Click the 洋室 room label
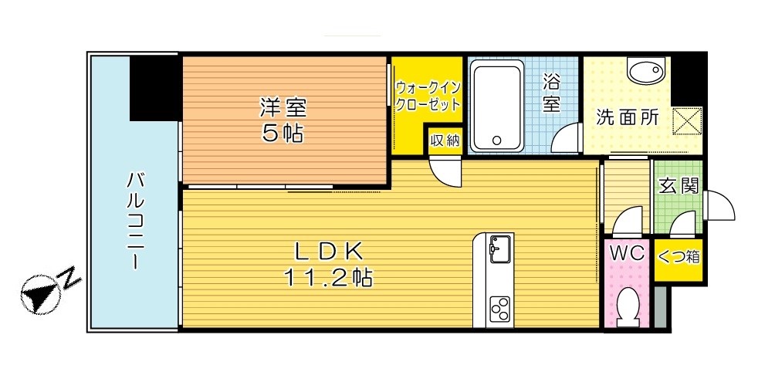tap(283, 105)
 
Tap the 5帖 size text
tap(283, 134)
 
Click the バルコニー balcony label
tap(136, 219)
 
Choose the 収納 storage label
tap(445, 140)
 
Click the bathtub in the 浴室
tap(498, 107)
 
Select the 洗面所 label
tap(626, 117)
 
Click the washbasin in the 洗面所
tap(645, 73)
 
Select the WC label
tap(628, 253)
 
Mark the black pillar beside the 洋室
tap(154, 87)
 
